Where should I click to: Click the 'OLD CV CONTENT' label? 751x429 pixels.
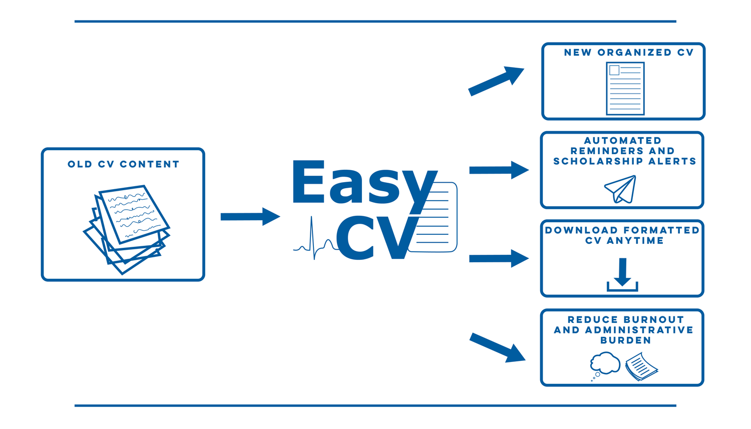(123, 164)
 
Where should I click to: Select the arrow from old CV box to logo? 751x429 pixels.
(249, 217)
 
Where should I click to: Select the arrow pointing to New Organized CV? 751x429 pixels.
(496, 81)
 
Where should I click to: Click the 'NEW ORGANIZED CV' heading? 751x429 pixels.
(628, 53)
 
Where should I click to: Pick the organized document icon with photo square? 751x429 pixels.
(625, 89)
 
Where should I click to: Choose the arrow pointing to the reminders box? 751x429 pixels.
(498, 170)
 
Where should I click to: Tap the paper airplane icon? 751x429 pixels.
(621, 189)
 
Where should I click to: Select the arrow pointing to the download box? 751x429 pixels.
(498, 258)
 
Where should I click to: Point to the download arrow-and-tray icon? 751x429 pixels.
(622, 275)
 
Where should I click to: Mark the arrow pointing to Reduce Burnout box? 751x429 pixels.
(497, 347)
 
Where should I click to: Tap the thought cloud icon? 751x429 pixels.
(604, 364)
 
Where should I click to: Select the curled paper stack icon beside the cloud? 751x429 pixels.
(641, 366)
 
